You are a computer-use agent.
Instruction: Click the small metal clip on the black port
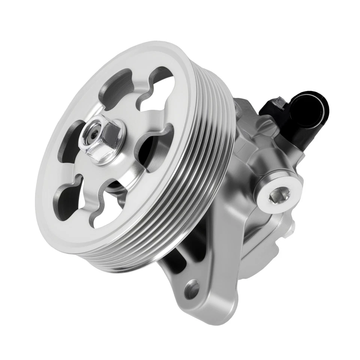(x=279, y=101)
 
